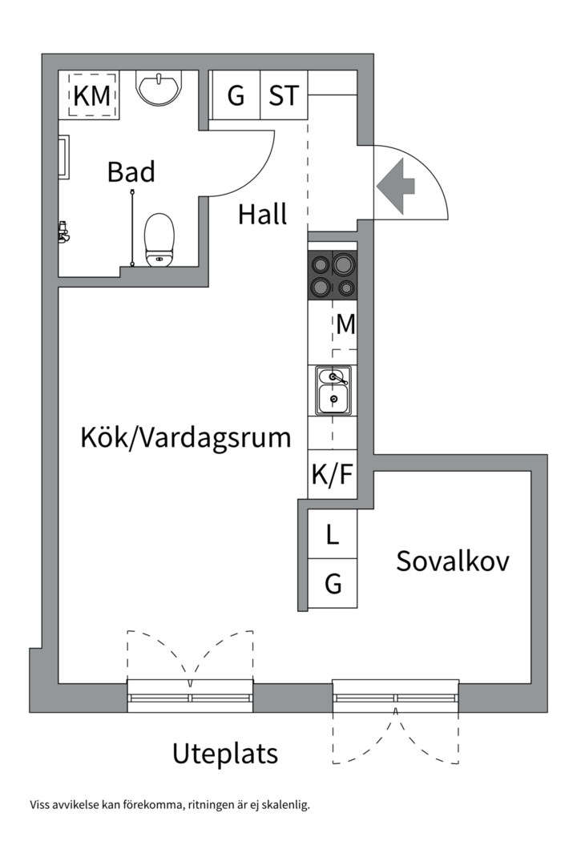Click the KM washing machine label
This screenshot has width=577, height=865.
(x=91, y=96)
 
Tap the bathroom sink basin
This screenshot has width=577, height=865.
(x=159, y=86)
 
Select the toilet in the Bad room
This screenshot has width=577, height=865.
(x=159, y=239)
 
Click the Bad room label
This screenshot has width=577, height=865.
(x=131, y=172)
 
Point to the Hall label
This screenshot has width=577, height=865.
(x=262, y=215)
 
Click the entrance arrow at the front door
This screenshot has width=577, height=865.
(x=396, y=186)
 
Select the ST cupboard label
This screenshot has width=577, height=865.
(x=284, y=96)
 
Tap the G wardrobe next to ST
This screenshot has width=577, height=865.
(x=236, y=96)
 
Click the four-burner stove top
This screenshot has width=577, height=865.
(x=333, y=275)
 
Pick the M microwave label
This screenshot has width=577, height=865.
(x=345, y=324)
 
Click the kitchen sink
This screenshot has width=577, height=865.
(x=333, y=390)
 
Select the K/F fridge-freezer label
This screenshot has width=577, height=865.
(x=332, y=475)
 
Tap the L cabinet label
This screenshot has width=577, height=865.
(x=333, y=535)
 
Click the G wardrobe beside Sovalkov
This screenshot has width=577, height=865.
(x=333, y=585)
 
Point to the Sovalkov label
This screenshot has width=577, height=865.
(x=453, y=561)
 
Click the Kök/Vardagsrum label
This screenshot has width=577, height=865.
(x=185, y=437)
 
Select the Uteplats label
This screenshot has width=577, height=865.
(x=225, y=754)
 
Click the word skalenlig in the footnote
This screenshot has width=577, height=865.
(x=285, y=805)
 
